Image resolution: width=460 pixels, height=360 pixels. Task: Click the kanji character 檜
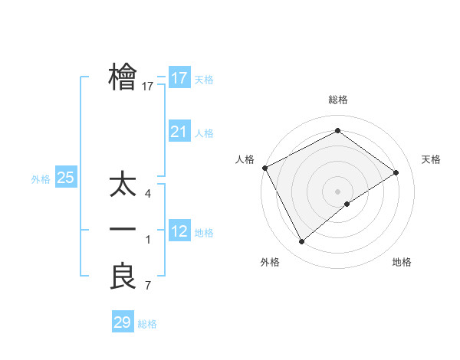[x=123, y=77]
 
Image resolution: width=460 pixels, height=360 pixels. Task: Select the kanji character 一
[x=123, y=230]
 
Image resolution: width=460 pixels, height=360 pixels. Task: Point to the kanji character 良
[x=123, y=276]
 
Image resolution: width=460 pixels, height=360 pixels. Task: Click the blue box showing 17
[x=179, y=77]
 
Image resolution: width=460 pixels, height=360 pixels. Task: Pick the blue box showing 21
[x=179, y=132]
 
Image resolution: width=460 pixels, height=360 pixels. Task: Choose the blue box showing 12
[x=179, y=231]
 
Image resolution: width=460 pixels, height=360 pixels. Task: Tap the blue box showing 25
[x=66, y=178]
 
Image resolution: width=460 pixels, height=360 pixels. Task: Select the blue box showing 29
[x=123, y=322]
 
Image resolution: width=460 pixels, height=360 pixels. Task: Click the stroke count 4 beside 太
[x=148, y=194]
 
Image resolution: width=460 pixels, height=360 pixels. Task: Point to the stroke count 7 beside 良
[x=148, y=286]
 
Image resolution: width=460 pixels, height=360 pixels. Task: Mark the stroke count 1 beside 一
[x=148, y=241]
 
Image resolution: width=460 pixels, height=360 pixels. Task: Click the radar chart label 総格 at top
[x=338, y=100]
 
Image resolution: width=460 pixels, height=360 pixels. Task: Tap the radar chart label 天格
[x=431, y=159]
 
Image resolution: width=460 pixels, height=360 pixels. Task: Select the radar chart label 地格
[x=402, y=262]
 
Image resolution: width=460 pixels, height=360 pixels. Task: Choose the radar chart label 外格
[x=270, y=262]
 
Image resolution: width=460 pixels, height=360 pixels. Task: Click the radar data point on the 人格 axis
[x=264, y=167]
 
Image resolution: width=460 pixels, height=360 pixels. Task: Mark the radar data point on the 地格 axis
[x=347, y=204]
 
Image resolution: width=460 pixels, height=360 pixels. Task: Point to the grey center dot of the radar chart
[x=338, y=191]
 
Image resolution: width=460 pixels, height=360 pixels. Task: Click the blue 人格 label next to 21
[x=204, y=133]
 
